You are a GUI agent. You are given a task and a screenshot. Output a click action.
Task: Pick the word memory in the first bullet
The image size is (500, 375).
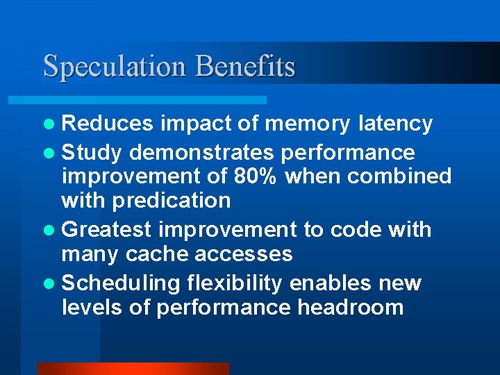point(308,124)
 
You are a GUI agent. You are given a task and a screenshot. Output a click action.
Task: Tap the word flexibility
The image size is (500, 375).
point(234,283)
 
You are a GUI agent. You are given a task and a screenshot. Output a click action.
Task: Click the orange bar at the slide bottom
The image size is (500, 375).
point(133,369)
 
